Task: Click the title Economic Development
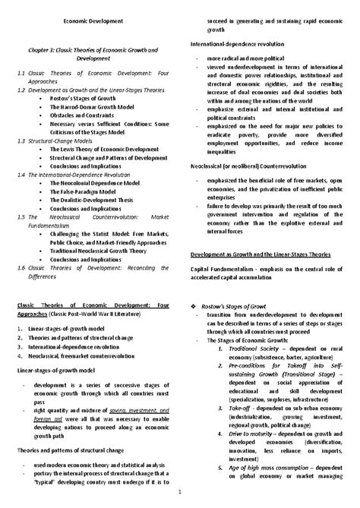[x=90, y=21]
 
